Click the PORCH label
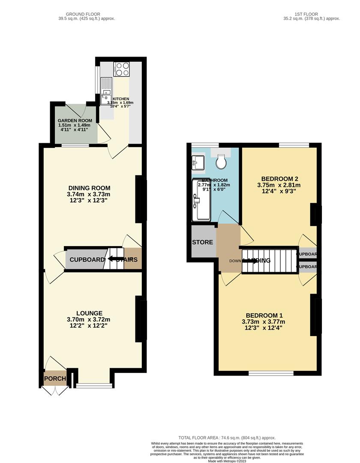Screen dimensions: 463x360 click(55, 379)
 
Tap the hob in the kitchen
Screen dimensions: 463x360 click(121, 69)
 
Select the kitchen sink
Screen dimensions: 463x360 click(105, 91)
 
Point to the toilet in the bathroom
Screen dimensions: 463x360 click(222, 161)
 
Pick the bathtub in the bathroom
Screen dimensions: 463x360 click(202, 200)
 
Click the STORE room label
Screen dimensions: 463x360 click(202, 242)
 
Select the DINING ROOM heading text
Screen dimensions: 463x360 click(89, 188)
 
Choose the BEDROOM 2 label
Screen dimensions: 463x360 click(280, 179)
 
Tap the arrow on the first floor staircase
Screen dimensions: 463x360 click(250, 260)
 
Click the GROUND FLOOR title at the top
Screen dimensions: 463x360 click(87, 14)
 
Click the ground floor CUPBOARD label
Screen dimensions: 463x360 click(87, 260)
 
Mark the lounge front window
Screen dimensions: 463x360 click(94, 385)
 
